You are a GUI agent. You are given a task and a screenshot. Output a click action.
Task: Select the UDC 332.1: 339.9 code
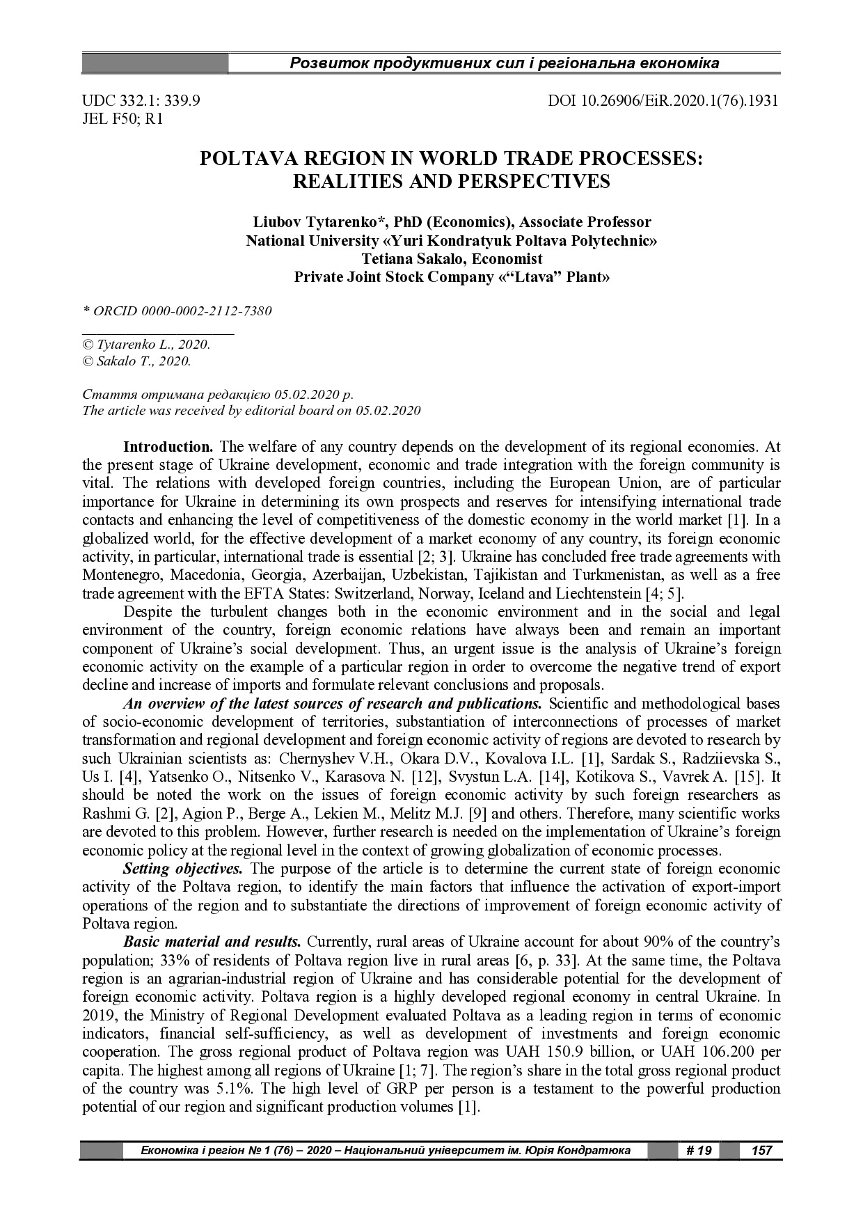[141, 100]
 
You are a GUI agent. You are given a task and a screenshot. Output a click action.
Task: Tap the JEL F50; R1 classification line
[122, 118]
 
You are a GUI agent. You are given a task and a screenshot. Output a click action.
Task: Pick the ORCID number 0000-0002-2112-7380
[206, 310]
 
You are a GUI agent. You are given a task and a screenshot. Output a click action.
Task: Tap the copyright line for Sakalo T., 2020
[136, 361]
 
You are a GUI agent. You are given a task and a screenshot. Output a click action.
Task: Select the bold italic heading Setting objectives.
[183, 868]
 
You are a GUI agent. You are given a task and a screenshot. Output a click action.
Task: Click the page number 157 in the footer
[762, 1150]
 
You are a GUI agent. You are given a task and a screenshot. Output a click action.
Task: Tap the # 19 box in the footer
[698, 1150]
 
